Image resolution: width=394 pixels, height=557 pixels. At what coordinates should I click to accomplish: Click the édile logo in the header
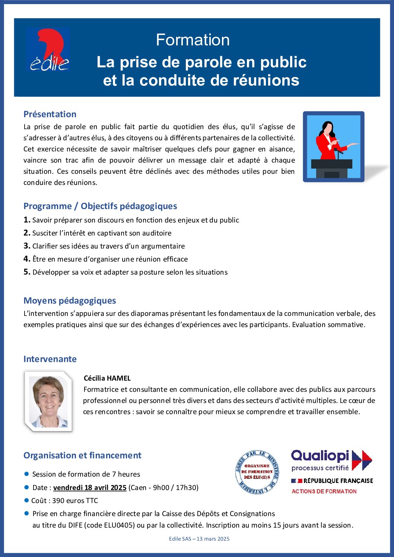click(48, 50)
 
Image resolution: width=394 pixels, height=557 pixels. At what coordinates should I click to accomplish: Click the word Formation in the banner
click(193, 40)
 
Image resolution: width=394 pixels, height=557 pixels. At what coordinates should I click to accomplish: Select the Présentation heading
click(50, 114)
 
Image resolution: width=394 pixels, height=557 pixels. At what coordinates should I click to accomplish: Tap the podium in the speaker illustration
click(331, 168)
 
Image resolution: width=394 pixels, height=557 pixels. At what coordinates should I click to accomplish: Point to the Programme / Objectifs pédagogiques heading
click(100, 206)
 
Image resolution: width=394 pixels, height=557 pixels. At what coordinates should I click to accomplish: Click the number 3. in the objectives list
click(27, 246)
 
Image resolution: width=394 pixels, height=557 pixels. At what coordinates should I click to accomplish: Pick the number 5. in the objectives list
click(27, 272)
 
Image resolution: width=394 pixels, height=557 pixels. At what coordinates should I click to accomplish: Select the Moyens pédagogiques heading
click(70, 301)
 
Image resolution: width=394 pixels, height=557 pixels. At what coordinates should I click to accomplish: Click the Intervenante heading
click(50, 359)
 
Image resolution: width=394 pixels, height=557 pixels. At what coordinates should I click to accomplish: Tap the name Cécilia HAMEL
click(107, 378)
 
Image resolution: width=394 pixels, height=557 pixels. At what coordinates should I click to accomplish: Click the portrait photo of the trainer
click(48, 401)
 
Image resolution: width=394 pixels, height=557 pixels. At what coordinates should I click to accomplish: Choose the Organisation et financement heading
click(82, 455)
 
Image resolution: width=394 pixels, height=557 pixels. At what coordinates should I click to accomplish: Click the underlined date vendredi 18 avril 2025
click(90, 487)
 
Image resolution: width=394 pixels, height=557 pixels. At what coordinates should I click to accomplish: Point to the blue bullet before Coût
click(26, 500)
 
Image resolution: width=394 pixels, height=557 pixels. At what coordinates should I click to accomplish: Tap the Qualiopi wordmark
click(320, 455)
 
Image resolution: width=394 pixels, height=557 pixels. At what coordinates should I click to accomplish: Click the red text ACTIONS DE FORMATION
click(324, 492)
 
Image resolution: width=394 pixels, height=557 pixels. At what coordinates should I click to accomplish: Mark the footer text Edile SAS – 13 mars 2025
click(199, 539)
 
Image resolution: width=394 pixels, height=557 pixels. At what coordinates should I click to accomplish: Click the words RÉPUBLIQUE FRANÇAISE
click(338, 481)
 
